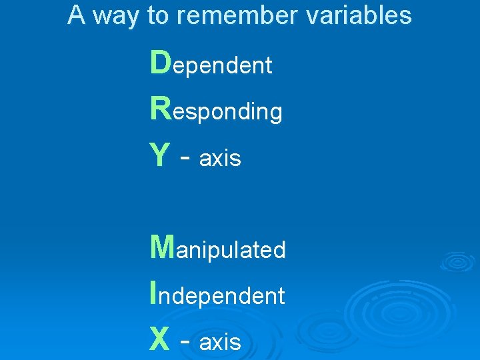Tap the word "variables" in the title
tap(360, 15)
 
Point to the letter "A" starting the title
tap(77, 15)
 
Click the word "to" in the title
tap(158, 15)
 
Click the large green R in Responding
tap(161, 109)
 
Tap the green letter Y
tap(160, 155)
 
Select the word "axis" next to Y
tap(220, 159)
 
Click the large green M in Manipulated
tap(163, 247)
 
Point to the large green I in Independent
tap(155, 292)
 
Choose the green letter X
tap(160, 339)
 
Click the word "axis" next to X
tap(220, 343)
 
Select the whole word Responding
tap(217, 110)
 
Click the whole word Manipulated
tap(218, 248)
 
